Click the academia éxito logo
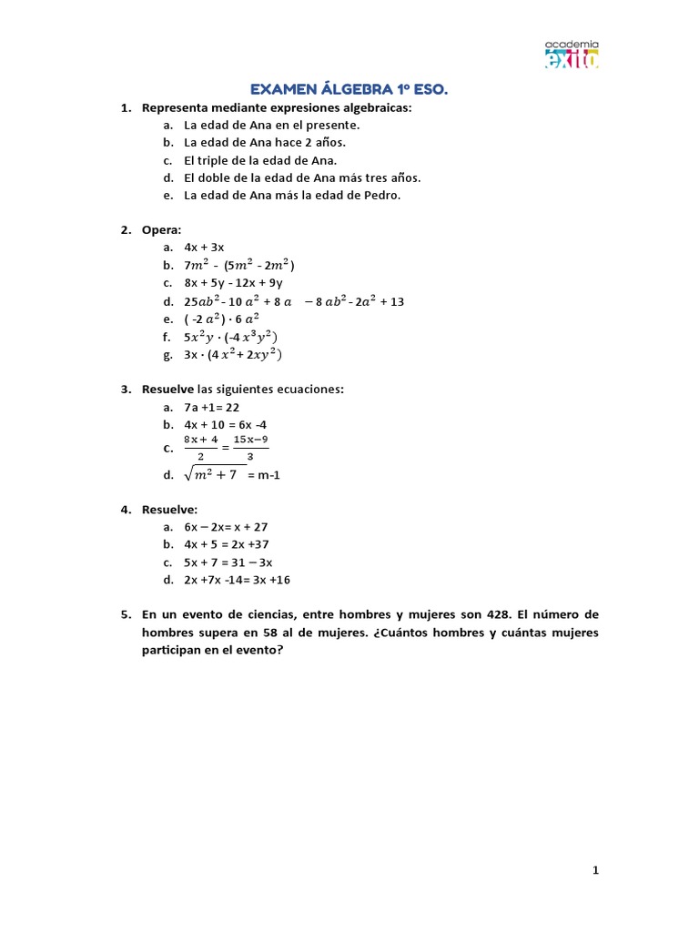click(572, 55)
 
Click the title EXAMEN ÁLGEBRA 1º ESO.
click(349, 89)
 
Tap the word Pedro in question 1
click(380, 195)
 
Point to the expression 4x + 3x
click(204, 248)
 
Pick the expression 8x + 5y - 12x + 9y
click(233, 283)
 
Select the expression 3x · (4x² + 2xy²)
click(233, 354)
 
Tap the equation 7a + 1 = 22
click(211, 407)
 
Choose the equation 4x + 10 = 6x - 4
click(225, 425)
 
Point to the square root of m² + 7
click(215, 473)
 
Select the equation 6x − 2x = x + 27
click(226, 527)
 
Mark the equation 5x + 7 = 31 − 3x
click(228, 562)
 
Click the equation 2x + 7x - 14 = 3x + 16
click(237, 580)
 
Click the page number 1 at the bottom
click(596, 871)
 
